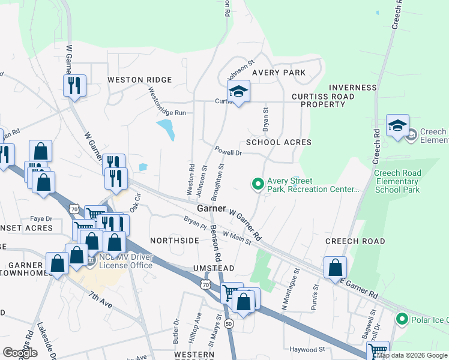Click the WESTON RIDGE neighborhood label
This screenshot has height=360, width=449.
pyautogui.click(x=139, y=80)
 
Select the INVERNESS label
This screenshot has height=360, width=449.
pyautogui.click(x=353, y=88)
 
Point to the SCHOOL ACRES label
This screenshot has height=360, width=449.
pyautogui.click(x=279, y=142)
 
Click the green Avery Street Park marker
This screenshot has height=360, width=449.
pyautogui.click(x=258, y=184)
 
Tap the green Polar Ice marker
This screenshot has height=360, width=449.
pyautogui.click(x=401, y=318)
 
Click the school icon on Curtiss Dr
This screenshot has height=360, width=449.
pyautogui.click(x=238, y=91)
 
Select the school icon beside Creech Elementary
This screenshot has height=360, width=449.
pyautogui.click(x=397, y=126)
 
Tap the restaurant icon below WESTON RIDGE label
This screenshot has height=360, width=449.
pyautogui.click(x=74, y=85)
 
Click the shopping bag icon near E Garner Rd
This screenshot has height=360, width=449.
pyautogui.click(x=335, y=268)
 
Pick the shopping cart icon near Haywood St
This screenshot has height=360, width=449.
pyautogui.click(x=377, y=351)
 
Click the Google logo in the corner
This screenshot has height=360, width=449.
pyautogui.click(x=20, y=353)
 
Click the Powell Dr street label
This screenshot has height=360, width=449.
pyautogui.click(x=229, y=152)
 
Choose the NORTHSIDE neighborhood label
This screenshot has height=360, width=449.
pyautogui.click(x=174, y=240)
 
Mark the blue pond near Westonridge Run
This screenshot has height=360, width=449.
pyautogui.click(x=166, y=129)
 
